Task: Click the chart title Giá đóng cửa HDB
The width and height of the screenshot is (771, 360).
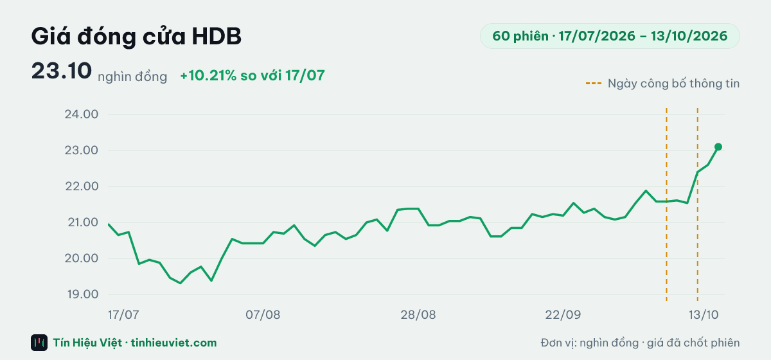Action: click(x=136, y=37)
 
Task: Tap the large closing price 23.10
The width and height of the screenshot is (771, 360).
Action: click(x=62, y=71)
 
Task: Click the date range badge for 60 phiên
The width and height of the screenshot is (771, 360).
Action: click(x=610, y=36)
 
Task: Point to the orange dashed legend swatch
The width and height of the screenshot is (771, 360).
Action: click(x=594, y=84)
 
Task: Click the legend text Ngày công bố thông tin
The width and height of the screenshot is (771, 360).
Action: click(x=673, y=84)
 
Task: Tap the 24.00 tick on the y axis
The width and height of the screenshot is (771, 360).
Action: click(x=82, y=114)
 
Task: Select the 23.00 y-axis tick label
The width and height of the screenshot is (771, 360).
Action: click(x=82, y=150)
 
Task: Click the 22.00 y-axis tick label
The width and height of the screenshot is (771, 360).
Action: click(x=82, y=186)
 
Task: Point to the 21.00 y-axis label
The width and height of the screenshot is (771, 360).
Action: click(x=83, y=222)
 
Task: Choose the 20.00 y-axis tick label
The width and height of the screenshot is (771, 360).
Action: click(x=82, y=258)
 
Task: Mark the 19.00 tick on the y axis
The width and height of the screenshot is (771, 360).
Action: click(x=83, y=294)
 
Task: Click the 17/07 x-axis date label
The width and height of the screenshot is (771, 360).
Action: click(x=123, y=314)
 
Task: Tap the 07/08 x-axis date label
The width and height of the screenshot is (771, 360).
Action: click(x=263, y=314)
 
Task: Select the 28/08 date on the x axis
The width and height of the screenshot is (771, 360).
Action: click(x=418, y=314)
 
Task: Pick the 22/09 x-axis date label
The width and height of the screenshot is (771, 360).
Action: click(x=563, y=314)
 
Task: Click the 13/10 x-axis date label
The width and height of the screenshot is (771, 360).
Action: click(x=703, y=314)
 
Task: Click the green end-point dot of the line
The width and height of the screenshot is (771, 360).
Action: click(x=718, y=147)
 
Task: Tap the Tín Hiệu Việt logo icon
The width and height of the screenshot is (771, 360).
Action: click(x=39, y=343)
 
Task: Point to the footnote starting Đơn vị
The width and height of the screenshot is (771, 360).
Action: click(x=640, y=343)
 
